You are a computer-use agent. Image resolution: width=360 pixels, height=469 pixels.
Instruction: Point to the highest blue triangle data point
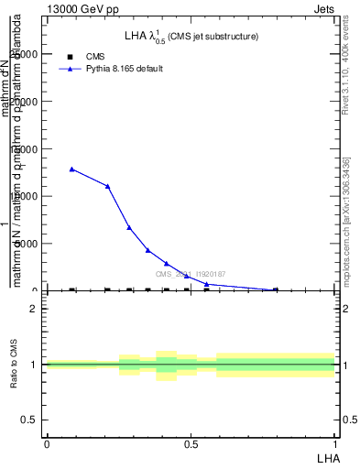pyautogui.click(x=71, y=169)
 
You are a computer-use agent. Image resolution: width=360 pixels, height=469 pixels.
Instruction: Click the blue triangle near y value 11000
pyautogui.click(x=108, y=186)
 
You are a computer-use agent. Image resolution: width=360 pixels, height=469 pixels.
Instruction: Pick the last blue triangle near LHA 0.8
pyautogui.click(x=276, y=289)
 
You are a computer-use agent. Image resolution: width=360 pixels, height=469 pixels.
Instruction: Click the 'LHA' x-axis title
pyautogui.click(x=328, y=457)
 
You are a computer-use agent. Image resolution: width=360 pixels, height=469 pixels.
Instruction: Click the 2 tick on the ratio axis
pyautogui.click(x=34, y=309)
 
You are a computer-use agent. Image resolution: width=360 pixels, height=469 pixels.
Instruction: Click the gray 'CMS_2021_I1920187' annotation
pyautogui.click(x=190, y=274)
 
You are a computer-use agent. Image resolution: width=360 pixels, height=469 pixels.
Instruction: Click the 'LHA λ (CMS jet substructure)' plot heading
pyautogui.click(x=191, y=37)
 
